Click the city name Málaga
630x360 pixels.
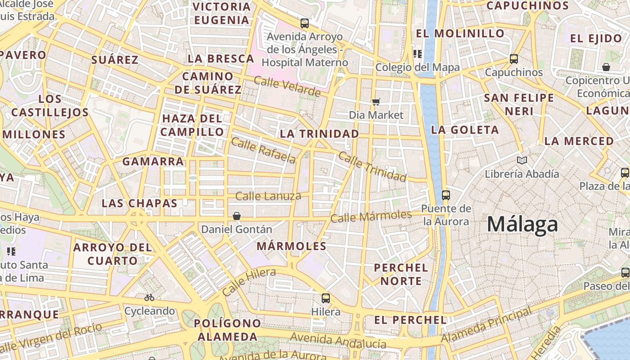[522, 224]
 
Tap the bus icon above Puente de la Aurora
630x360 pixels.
[446, 195]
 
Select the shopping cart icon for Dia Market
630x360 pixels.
[376, 102]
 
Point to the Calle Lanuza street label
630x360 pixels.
[268, 196]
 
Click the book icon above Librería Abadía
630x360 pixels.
[522, 160]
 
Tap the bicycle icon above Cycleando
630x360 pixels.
[149, 297]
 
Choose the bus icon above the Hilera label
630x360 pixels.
[326, 298]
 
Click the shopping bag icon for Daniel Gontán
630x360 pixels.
[237, 216]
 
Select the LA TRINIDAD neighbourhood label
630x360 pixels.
[319, 134]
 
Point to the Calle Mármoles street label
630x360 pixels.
[371, 216]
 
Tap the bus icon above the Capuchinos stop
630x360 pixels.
[513, 58]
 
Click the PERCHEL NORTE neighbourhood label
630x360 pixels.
[401, 274]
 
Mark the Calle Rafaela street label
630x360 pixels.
[263, 151]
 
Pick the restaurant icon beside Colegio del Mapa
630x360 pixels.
[417, 54]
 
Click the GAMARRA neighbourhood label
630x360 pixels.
[153, 161]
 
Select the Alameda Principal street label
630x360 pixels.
[486, 325]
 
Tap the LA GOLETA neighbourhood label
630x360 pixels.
[465, 130]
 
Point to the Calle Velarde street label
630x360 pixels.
[287, 86]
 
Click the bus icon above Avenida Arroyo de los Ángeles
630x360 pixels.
[305, 23]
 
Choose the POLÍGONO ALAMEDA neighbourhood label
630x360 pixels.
[227, 330]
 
